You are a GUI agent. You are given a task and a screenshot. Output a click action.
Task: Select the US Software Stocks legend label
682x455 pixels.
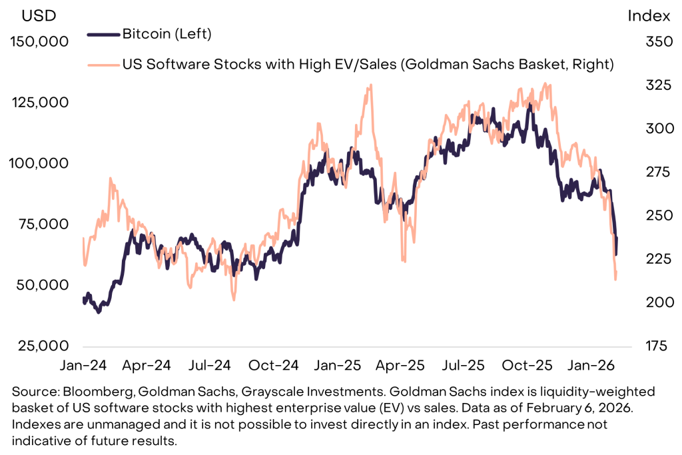[x=367, y=64]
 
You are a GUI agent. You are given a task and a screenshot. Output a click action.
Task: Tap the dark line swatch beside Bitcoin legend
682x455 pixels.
[x=103, y=33]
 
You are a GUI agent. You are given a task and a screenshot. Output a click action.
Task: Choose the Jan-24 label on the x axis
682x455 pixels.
[x=83, y=365]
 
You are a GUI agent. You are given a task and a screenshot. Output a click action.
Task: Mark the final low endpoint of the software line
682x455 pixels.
[x=615, y=279]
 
